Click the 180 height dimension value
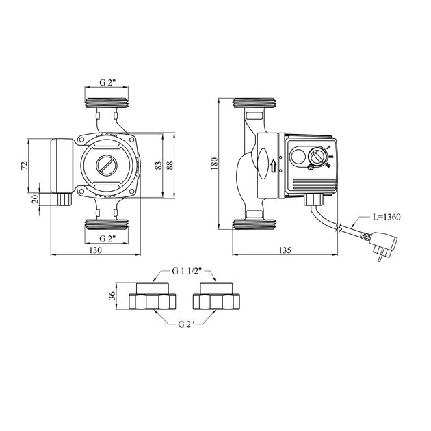214,163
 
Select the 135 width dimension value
285,250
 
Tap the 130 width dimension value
96,250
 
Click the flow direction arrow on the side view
274,166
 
